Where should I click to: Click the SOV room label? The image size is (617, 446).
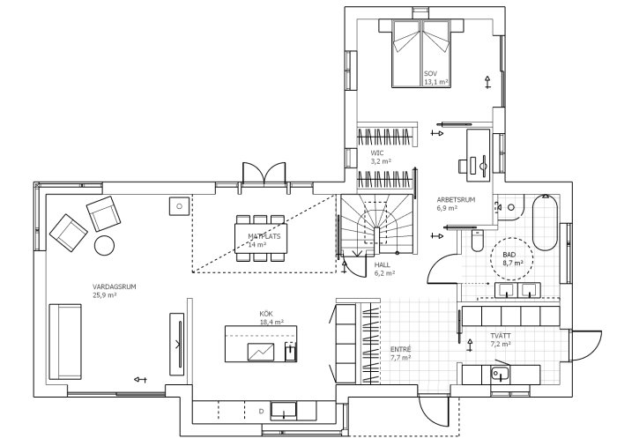pos(430,74)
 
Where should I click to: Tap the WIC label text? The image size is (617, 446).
pos(376,152)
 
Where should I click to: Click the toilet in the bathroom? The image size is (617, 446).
pos(478,240)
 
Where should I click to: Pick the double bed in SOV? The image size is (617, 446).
pos(421,53)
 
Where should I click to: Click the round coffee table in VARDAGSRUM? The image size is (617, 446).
pos(104,245)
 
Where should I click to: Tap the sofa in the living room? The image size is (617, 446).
pos(65,342)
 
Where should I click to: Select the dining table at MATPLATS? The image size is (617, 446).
pos(261,238)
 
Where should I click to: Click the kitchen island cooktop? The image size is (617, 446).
pos(261,352)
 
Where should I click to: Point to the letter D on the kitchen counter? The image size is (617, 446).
pos(261,412)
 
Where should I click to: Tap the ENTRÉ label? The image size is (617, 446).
pos(400,349)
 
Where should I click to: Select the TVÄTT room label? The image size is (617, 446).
pos(501,336)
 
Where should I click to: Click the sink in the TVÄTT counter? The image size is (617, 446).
pos(500,374)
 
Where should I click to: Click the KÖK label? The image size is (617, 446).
pos(266,314)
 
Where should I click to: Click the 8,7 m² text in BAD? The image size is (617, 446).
pos(513,263)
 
